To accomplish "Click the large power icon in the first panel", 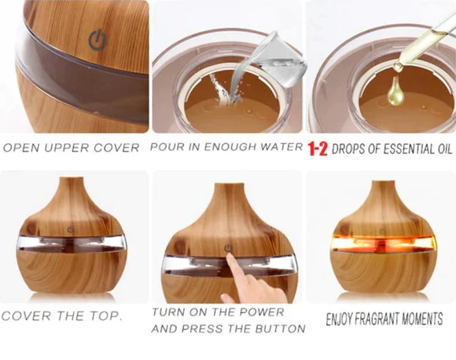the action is click(98, 39).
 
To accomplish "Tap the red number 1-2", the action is click(318, 149).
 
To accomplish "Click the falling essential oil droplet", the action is click(395, 91).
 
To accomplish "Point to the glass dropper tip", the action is click(397, 67).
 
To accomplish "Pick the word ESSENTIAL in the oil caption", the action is click(410, 149).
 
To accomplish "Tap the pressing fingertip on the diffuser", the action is click(230, 257).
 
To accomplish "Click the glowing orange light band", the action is click(383, 243).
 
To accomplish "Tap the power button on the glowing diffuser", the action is click(382, 232).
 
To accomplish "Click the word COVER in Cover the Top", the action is click(26, 316).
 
